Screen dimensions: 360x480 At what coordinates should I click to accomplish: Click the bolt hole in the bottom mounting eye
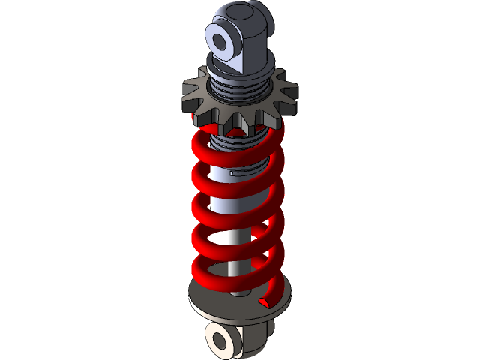(x=221, y=341)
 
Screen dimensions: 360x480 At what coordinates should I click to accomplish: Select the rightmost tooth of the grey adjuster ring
(x=291, y=94)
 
